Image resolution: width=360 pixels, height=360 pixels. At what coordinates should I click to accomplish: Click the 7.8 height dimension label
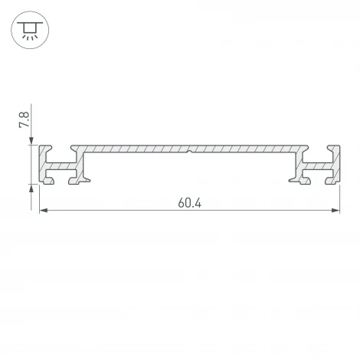tap(25, 119)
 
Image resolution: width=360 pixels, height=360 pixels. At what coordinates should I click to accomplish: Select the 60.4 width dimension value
tap(190, 203)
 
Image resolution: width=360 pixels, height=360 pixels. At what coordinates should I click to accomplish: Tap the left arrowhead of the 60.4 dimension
tap(44, 211)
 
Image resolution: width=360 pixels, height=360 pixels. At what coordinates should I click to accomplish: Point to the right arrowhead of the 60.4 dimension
tap(335, 211)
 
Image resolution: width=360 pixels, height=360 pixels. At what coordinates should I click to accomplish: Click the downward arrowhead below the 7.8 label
tap(31, 141)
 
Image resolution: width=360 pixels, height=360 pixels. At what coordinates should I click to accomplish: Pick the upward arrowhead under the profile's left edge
tap(31, 188)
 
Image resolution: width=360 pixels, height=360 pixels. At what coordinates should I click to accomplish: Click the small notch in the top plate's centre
tap(189, 152)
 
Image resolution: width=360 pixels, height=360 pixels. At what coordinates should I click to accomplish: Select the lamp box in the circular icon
tap(30, 28)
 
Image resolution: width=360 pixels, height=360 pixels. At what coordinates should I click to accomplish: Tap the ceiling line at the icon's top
tap(30, 23)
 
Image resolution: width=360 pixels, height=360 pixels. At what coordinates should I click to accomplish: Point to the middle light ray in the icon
tap(30, 38)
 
